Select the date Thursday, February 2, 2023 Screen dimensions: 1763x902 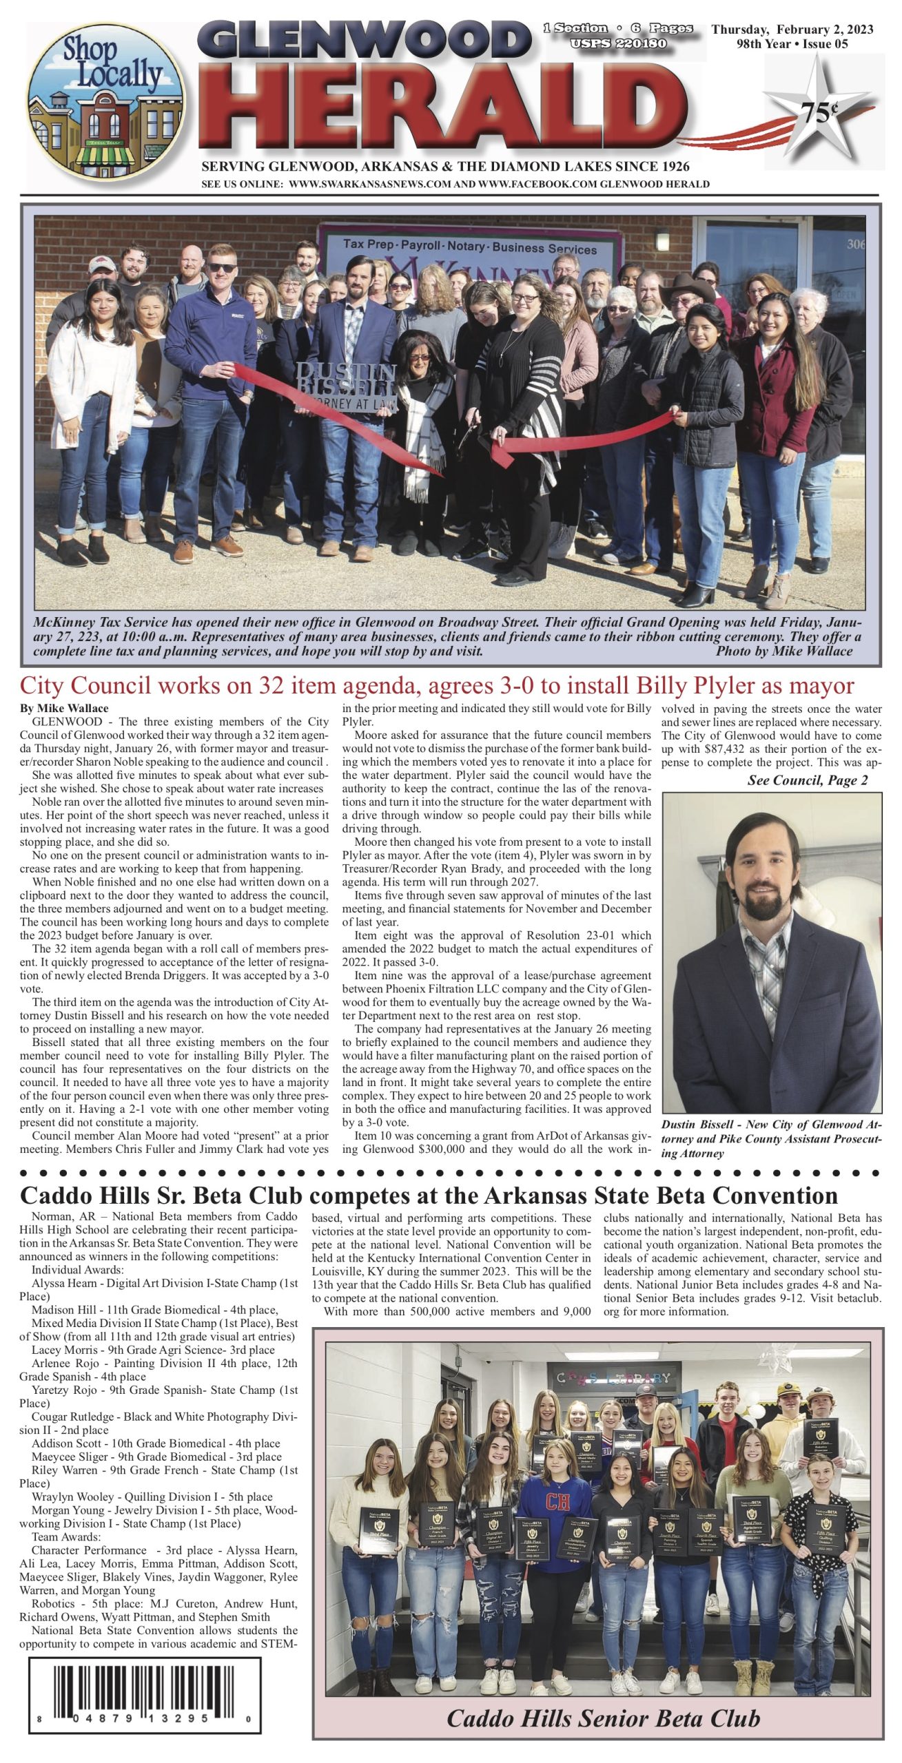[x=792, y=29]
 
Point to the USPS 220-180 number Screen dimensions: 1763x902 [x=618, y=43]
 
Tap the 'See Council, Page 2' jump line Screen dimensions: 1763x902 [x=807, y=780]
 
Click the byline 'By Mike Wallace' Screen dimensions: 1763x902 [x=64, y=708]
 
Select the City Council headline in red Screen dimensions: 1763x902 [x=437, y=686]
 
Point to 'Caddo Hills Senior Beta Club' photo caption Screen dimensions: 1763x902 [x=603, y=1718]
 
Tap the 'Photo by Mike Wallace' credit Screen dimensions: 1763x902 [x=783, y=651]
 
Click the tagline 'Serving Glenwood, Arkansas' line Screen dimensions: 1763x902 [x=445, y=167]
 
